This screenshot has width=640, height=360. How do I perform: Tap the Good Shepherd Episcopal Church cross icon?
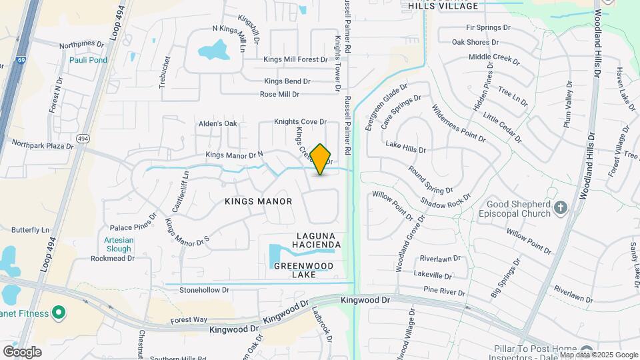pyautogui.click(x=560, y=207)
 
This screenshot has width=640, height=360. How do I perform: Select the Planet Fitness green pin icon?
pyautogui.click(x=59, y=312)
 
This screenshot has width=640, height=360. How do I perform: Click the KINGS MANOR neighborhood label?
pyautogui.click(x=259, y=201)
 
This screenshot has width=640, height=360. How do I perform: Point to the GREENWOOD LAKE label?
pyautogui.click(x=304, y=270)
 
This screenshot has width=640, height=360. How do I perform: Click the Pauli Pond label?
pyautogui.click(x=88, y=60)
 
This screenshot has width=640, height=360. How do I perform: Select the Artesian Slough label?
pyautogui.click(x=118, y=244)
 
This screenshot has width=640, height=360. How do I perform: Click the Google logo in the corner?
pyautogui.click(x=22, y=351)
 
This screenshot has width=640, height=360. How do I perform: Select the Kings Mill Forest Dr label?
pyautogui.click(x=295, y=60)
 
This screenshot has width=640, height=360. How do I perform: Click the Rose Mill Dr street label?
pyautogui.click(x=279, y=95)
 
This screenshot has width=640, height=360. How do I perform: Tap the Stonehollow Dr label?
pyautogui.click(x=204, y=290)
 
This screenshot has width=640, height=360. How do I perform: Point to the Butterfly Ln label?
pyautogui.click(x=31, y=229)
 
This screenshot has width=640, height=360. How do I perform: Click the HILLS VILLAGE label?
pyautogui.click(x=443, y=6)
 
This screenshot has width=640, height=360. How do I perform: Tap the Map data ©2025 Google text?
pyautogui.click(x=599, y=355)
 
